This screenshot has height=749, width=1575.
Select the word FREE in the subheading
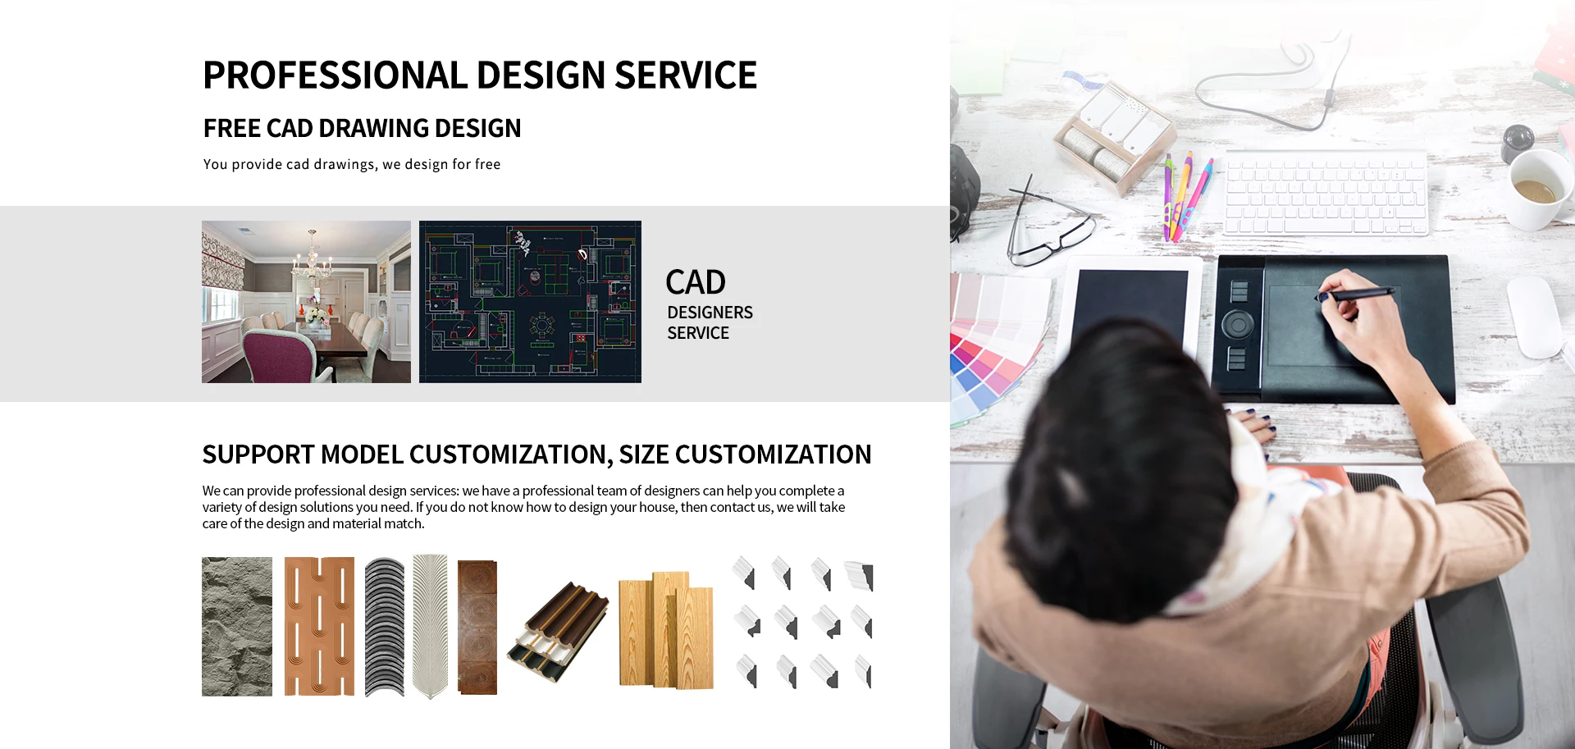232,128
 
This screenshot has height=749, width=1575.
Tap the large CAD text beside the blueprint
696,282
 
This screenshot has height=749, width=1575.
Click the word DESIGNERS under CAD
710,313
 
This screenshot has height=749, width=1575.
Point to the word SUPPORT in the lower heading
258,454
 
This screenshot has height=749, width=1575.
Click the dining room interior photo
306,302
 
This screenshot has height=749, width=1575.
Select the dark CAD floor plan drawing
530,302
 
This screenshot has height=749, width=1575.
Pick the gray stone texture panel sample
237,627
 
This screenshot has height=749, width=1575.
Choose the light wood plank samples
666,629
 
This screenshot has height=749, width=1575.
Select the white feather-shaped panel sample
430,627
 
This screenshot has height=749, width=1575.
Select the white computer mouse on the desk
1534,317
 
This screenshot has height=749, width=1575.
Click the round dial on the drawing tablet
1238,325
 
